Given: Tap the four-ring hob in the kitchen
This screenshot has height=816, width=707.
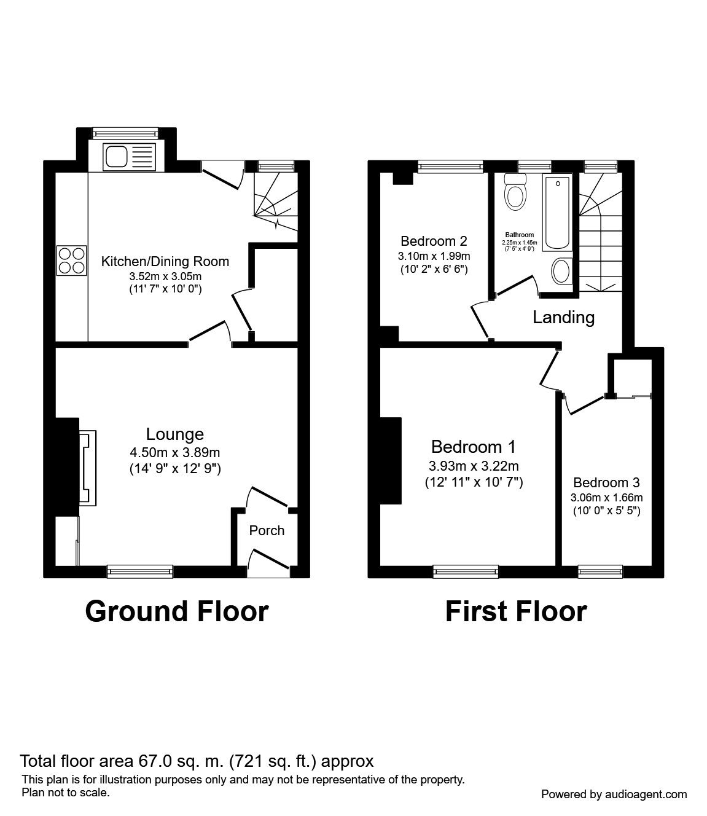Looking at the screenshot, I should pyautogui.click(x=71, y=260).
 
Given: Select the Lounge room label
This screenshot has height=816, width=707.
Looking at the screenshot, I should pyautogui.click(x=175, y=434).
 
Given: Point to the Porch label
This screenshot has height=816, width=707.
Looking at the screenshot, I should pyautogui.click(x=267, y=530).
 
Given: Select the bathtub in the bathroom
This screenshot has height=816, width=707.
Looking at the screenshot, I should pyautogui.click(x=558, y=212).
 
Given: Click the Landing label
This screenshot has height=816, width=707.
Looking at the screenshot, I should pyautogui.click(x=563, y=317).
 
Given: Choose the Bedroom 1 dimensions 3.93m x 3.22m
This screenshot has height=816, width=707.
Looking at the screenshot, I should pyautogui.click(x=474, y=466).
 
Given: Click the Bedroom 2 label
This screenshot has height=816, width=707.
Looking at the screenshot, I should pyautogui.click(x=434, y=241).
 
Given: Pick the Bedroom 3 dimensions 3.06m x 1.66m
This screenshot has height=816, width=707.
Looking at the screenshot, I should pyautogui.click(x=607, y=498).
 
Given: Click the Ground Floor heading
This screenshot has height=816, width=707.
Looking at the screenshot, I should pyautogui.click(x=177, y=611).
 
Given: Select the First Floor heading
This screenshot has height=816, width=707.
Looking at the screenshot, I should pyautogui.click(x=515, y=611).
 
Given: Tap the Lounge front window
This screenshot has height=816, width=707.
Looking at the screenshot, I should pyautogui.click(x=140, y=571).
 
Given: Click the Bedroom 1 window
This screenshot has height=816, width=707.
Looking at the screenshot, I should pyautogui.click(x=466, y=571).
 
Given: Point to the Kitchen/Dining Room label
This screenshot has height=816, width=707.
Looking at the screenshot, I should pyautogui.click(x=165, y=261).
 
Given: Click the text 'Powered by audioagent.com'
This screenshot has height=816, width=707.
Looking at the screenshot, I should pyautogui.click(x=614, y=794).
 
